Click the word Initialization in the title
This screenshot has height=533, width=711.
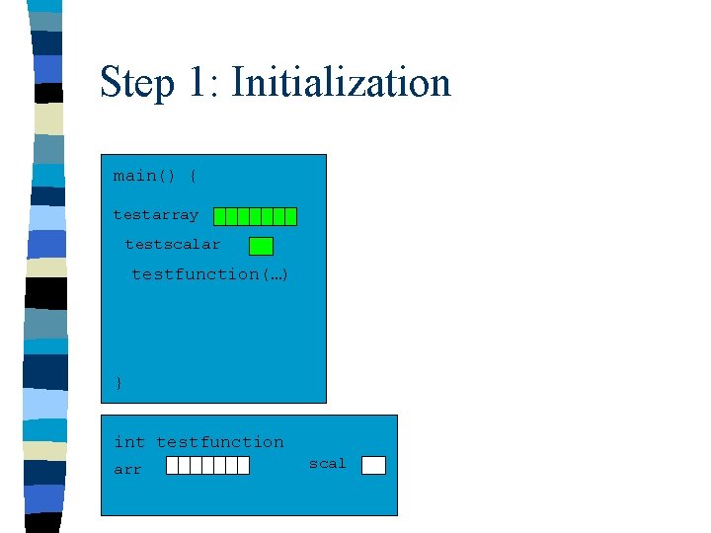[x=341, y=83]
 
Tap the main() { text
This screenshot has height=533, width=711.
[x=155, y=176]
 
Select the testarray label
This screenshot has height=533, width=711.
[x=155, y=214]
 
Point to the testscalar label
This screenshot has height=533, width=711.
[x=172, y=244]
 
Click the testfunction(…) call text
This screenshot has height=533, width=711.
[x=209, y=273]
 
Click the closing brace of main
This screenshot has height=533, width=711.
[x=118, y=383]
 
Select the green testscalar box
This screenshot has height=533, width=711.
[x=261, y=246]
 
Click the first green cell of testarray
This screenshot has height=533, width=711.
[x=220, y=216]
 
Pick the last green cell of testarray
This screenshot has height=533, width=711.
[x=290, y=216]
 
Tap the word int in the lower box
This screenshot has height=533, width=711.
[x=128, y=442]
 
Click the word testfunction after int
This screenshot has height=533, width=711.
[x=219, y=442]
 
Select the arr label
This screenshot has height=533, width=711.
[x=127, y=470]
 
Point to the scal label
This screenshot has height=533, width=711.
[x=327, y=463]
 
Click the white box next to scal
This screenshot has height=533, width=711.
[x=373, y=466]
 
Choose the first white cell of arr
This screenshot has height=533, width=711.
[x=172, y=466]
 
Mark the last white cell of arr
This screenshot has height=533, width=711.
[x=243, y=466]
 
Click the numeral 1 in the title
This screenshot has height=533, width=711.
[x=200, y=83]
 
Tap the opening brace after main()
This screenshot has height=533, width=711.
[x=193, y=176]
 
